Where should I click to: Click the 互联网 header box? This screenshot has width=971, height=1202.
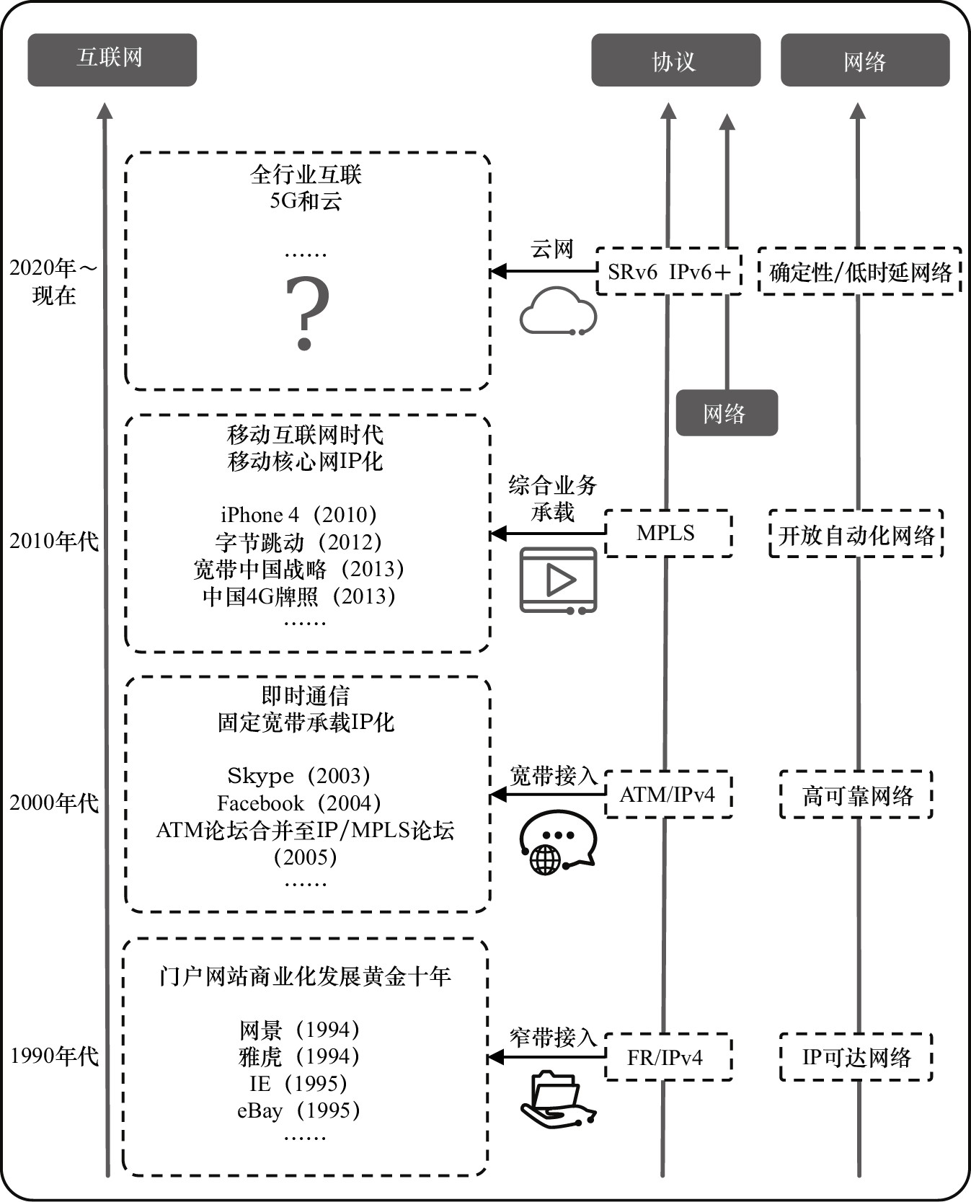112,60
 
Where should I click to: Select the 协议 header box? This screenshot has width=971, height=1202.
675,61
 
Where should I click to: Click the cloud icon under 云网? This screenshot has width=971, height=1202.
558,311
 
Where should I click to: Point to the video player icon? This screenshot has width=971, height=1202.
559,580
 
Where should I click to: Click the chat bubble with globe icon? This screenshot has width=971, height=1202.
557,841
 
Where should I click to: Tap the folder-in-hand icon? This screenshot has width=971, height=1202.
558,1098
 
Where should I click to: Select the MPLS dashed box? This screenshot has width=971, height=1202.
668,534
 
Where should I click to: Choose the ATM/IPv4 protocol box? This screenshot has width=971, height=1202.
668,795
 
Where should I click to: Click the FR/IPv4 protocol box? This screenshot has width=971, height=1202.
668,1057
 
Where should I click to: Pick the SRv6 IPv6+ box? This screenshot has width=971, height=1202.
668,272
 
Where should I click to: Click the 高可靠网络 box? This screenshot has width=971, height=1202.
856,795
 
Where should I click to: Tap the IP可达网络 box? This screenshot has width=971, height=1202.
856,1057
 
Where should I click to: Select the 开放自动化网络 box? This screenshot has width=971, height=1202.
856,534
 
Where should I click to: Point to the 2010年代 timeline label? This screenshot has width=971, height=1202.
54,541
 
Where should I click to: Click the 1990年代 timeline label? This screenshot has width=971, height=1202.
54,1056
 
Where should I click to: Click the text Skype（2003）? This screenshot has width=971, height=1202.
298,776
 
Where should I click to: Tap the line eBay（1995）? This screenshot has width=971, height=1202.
298,1110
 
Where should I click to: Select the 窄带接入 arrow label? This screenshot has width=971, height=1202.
553,1038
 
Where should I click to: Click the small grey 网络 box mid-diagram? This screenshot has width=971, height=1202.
726,413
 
